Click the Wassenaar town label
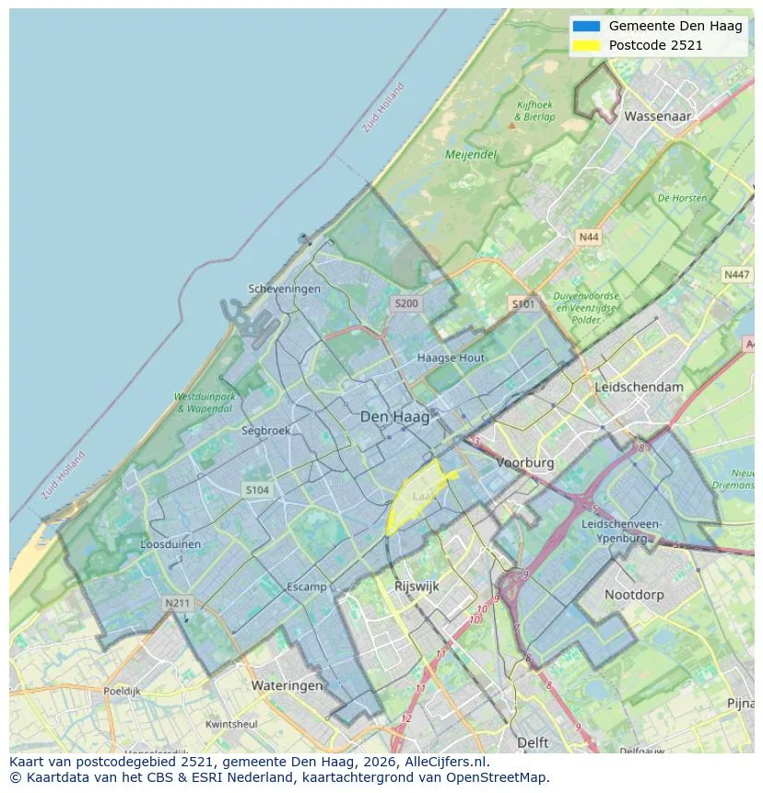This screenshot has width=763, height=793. (x=657, y=117)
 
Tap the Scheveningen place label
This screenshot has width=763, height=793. (x=285, y=288)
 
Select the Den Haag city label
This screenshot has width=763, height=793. (x=394, y=417)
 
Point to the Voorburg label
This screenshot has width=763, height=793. (x=525, y=463)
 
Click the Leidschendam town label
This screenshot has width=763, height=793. (x=640, y=387)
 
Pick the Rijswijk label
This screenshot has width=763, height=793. (x=417, y=586)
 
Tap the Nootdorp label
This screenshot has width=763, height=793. (x=634, y=595)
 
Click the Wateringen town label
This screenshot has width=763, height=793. (x=288, y=686)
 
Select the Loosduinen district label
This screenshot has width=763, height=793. (x=170, y=544)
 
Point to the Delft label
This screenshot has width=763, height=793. (x=533, y=742)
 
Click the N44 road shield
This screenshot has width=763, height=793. (x=588, y=238)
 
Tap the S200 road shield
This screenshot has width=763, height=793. (x=406, y=303)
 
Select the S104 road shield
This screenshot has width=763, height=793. (x=257, y=490)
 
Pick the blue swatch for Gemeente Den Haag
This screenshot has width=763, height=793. (x=585, y=26)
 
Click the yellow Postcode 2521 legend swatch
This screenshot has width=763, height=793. (x=585, y=45)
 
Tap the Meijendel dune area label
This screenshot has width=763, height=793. (x=471, y=155)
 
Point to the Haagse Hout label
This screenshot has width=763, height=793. (x=451, y=357)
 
